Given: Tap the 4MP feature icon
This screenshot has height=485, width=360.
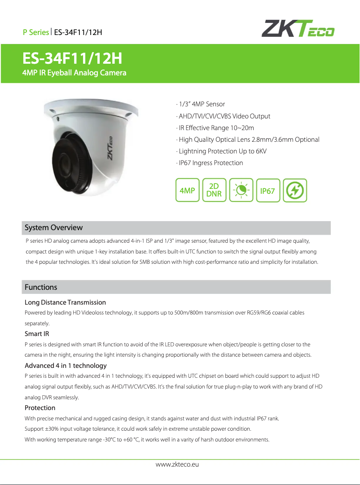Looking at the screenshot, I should point(187,191).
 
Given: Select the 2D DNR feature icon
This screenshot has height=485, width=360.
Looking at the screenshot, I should point(214,191).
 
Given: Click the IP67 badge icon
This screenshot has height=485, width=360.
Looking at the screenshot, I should point(268,191).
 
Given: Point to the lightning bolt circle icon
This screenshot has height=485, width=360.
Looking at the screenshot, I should point(295,191).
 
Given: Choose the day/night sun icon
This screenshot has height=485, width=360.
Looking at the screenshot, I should point(241,191).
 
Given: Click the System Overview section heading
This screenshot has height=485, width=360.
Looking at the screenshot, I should point(53,227).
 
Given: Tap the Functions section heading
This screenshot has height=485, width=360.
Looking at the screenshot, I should point(41,287).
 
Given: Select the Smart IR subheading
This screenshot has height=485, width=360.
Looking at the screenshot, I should point(37,334).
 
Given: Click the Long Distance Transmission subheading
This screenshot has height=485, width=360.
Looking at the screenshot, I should point(65,302).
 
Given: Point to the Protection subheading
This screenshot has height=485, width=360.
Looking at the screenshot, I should point(40,408).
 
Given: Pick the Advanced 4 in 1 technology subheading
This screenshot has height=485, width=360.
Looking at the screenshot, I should point(66,366).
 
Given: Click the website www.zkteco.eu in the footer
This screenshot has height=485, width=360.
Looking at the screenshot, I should point(177,464).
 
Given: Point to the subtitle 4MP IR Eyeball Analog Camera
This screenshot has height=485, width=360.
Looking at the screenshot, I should point(75,73).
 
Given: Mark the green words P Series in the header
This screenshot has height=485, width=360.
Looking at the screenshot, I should point(36,32).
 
